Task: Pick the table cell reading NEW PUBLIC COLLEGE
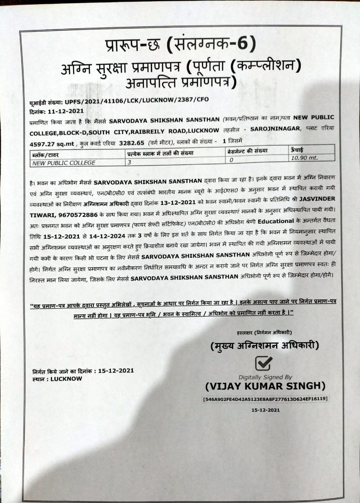pyautogui.click(x=59, y=163)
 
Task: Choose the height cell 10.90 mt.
pyautogui.click(x=304, y=157)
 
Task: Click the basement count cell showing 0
pyautogui.click(x=231, y=160)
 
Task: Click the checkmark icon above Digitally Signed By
pyautogui.click(x=263, y=363)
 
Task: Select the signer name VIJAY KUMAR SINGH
pyautogui.click(x=265, y=386)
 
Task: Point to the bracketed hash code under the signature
pyautogui.click(x=265, y=399)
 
